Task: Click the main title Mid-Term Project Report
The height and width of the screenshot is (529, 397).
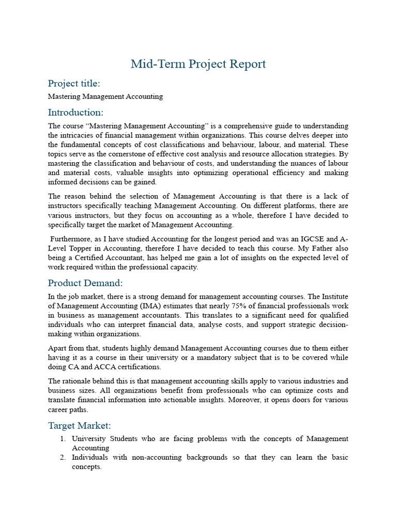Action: pos(198,64)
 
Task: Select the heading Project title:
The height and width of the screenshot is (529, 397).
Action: pos(74,84)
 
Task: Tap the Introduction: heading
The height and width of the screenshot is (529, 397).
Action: pos(75,112)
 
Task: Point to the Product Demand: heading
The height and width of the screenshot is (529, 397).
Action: pos(85,283)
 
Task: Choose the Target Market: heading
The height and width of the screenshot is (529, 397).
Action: pos(80,426)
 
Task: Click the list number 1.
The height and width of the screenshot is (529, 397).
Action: pos(62,439)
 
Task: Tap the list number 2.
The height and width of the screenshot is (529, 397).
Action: pos(62,458)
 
